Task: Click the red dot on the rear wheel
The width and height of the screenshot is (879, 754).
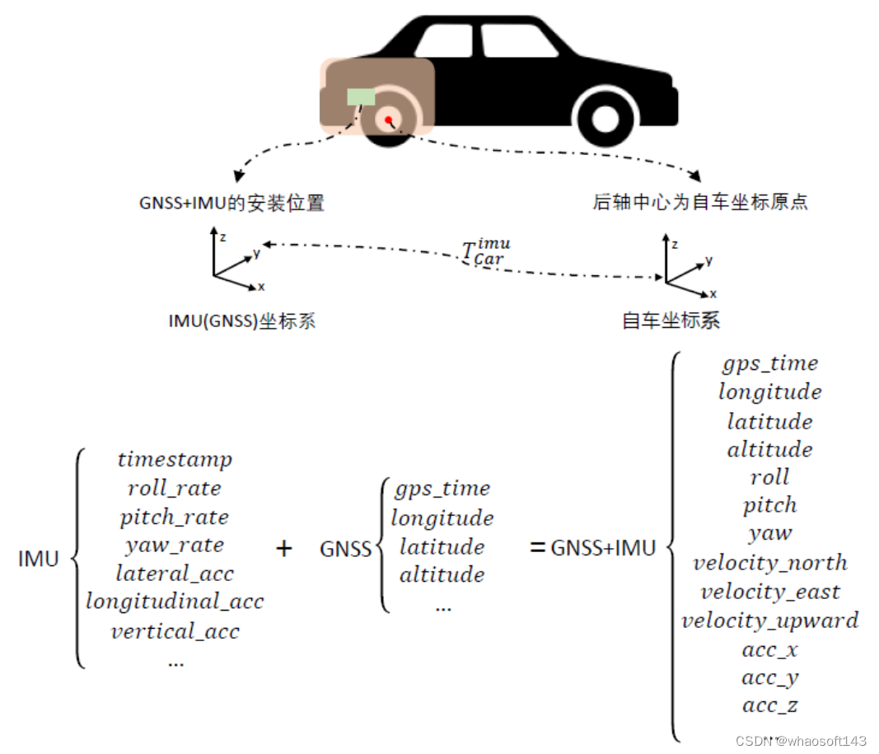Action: (x=388, y=120)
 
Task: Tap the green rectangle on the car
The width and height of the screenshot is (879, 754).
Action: (x=361, y=97)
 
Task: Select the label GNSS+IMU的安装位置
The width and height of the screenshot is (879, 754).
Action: (x=231, y=203)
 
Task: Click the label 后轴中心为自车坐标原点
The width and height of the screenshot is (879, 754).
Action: (x=699, y=202)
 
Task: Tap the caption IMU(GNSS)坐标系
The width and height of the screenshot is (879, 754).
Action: (x=241, y=321)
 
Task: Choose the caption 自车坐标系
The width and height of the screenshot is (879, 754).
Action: (x=671, y=320)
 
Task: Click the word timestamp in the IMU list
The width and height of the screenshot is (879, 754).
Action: (x=175, y=460)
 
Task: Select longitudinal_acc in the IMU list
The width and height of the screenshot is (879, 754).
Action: (x=175, y=602)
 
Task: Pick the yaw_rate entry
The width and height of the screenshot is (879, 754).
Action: (x=175, y=546)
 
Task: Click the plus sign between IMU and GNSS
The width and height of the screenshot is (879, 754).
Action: (x=284, y=549)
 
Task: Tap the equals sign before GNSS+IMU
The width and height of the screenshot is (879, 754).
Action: (x=538, y=547)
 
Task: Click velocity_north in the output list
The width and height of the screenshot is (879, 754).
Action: (x=769, y=564)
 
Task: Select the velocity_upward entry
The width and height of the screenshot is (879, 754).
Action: (x=769, y=621)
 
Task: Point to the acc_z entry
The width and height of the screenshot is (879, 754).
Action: (x=769, y=706)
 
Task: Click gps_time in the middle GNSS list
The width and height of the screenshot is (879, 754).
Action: (x=442, y=489)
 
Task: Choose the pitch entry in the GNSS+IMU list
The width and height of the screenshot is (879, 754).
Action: (x=769, y=505)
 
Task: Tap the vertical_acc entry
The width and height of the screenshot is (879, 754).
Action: (x=175, y=632)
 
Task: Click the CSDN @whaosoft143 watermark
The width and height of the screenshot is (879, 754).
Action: (x=801, y=741)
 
